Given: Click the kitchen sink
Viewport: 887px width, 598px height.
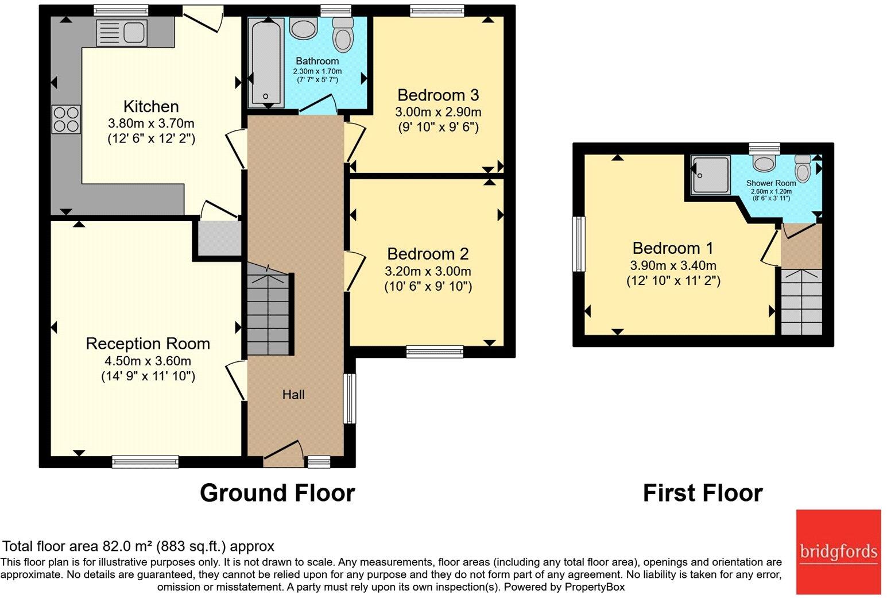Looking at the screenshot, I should coord(122,32).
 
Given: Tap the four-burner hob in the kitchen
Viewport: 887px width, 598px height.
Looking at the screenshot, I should coord(66,119).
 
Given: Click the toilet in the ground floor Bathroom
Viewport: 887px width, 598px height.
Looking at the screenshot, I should coord(343,34).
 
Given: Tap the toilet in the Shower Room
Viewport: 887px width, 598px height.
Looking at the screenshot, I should coord(803,168).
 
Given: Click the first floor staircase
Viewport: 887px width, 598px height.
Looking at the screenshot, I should coord(801,302).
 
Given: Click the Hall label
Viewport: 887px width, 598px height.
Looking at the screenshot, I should coord(293,395).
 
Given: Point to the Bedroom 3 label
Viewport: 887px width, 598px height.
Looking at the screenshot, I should coord(437,95).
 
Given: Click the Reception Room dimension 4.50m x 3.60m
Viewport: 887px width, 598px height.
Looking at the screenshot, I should coord(148,361).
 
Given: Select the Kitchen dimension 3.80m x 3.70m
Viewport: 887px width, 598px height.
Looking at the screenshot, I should coord(151,123).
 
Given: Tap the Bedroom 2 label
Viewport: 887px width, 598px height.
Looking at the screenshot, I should coord(428,253).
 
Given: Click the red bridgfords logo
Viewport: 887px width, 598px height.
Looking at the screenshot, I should coord(838,552).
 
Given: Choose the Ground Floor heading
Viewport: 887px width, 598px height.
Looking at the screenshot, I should coord(277,493).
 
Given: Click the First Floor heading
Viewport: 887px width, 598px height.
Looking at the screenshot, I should coord(702,493).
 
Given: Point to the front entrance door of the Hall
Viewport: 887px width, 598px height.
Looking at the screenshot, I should coord(284,452).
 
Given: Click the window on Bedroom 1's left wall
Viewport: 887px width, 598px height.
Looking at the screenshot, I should coord(579,244).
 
